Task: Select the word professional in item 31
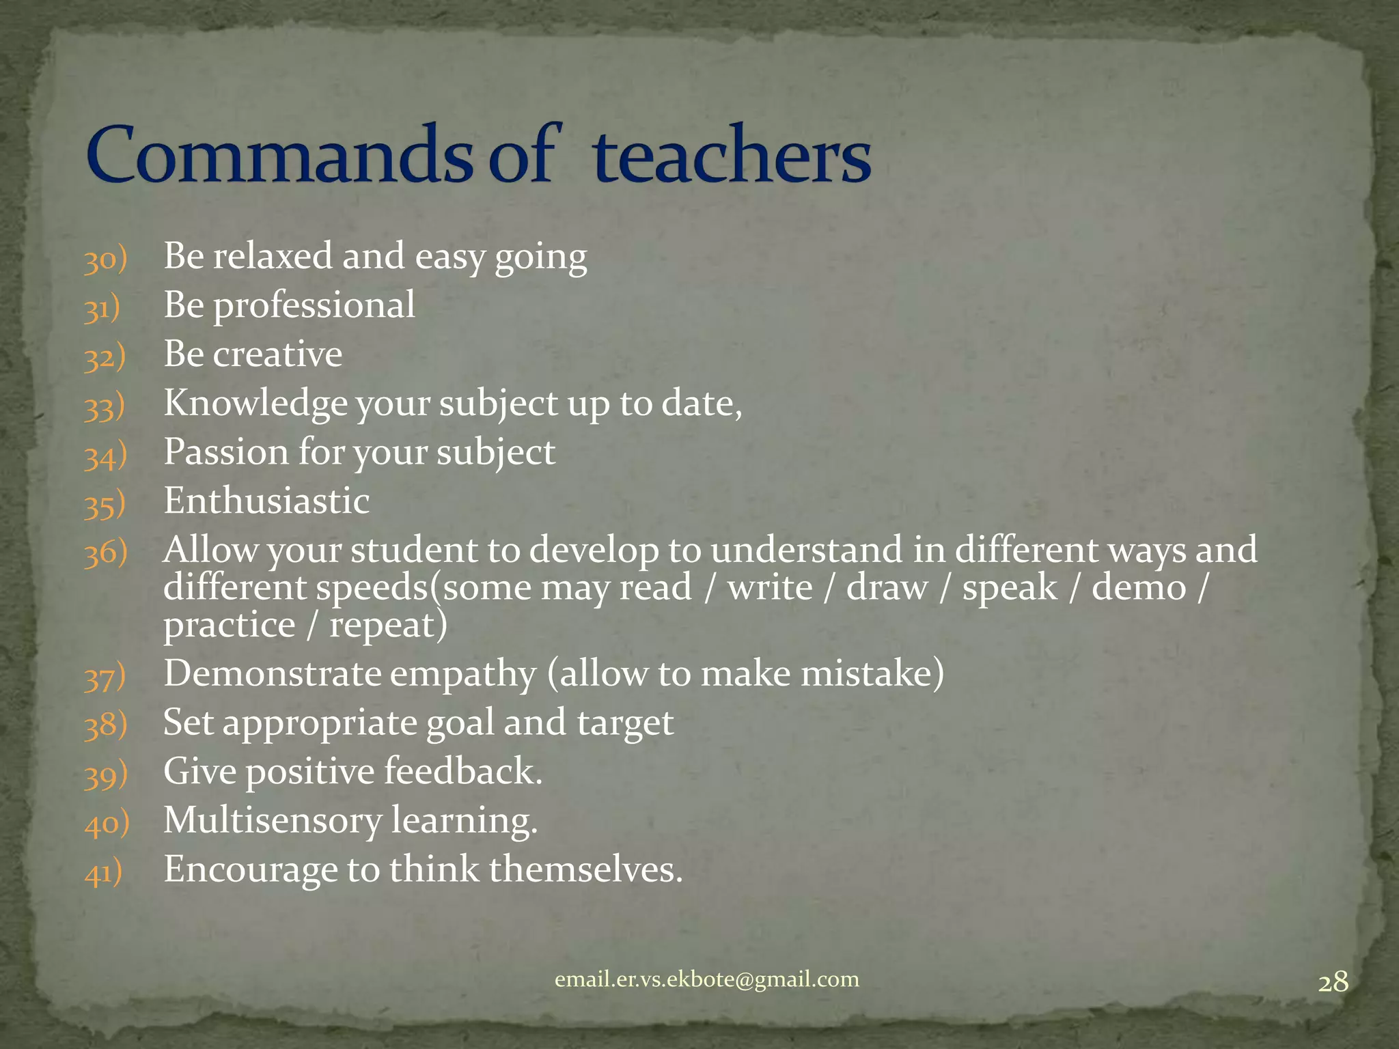point(314,305)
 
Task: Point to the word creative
point(277,354)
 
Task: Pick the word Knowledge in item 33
point(255,404)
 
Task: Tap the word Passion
point(225,452)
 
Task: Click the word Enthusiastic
point(266,501)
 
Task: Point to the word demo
point(1139,588)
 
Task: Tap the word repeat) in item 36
point(388,625)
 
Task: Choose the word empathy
point(463,675)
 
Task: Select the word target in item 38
point(625,723)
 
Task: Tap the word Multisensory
point(272,820)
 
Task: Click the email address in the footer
point(707,979)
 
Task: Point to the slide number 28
point(1333,982)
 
